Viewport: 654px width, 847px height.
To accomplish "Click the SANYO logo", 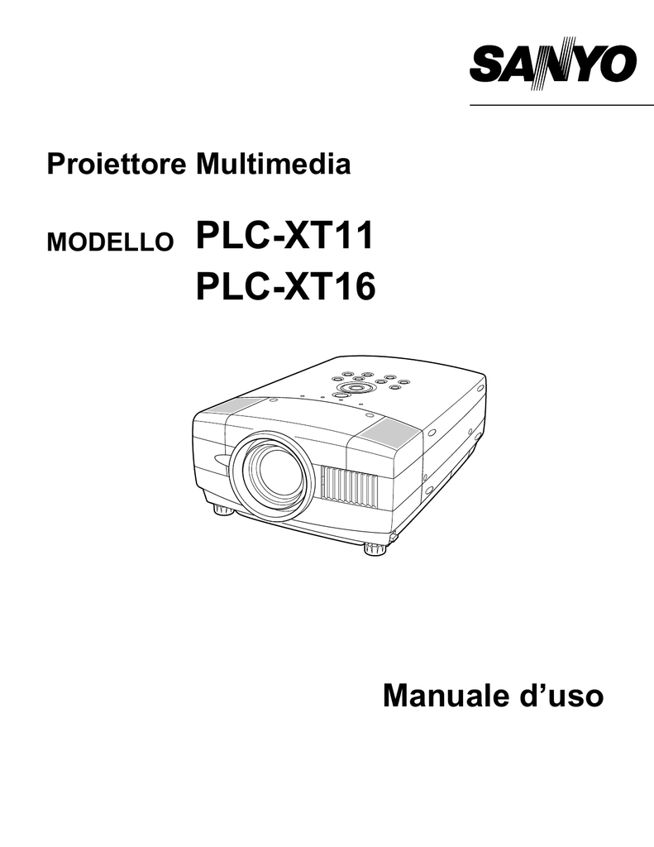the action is click(x=553, y=64).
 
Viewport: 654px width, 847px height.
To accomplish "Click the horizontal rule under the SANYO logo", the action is click(x=561, y=105).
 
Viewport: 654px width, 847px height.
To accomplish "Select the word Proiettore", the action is click(x=116, y=164).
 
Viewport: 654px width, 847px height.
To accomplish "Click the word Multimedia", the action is click(x=274, y=164).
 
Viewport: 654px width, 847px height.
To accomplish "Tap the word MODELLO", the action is click(x=110, y=242).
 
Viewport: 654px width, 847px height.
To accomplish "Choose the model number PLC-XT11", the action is click(x=284, y=236).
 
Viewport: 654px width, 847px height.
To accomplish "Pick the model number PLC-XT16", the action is click(x=285, y=286).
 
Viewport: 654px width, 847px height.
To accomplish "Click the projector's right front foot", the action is click(x=375, y=549).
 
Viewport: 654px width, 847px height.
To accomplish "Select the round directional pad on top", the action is click(x=355, y=389).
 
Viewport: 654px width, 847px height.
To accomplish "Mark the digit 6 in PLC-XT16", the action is click(x=365, y=286).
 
